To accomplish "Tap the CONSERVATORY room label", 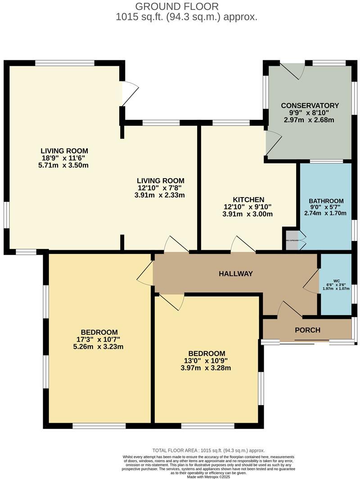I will click(310, 105).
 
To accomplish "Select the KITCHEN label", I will click(248, 199).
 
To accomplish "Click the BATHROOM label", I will click(326, 201).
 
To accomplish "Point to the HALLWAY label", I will click(235, 274).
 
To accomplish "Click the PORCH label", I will click(307, 330).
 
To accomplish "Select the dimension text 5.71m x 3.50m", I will click(64, 165).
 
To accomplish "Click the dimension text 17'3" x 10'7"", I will click(98, 339).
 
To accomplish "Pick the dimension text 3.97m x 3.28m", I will click(207, 368).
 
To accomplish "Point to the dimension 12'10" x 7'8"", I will click(161, 188).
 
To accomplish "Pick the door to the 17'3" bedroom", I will click(145, 274).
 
